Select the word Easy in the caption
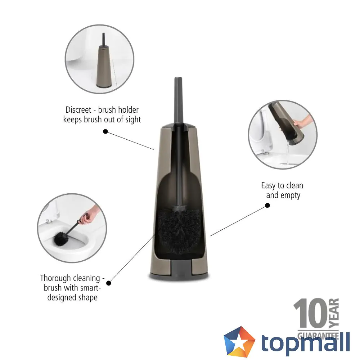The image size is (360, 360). pyautogui.click(x=268, y=186)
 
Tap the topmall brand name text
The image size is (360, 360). pyautogui.click(x=305, y=342)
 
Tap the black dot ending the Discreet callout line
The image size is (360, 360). pyautogui.click(x=105, y=132)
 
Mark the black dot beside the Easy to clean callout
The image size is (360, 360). pyautogui.click(x=267, y=205)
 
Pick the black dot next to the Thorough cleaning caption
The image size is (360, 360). pyautogui.click(x=109, y=283)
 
